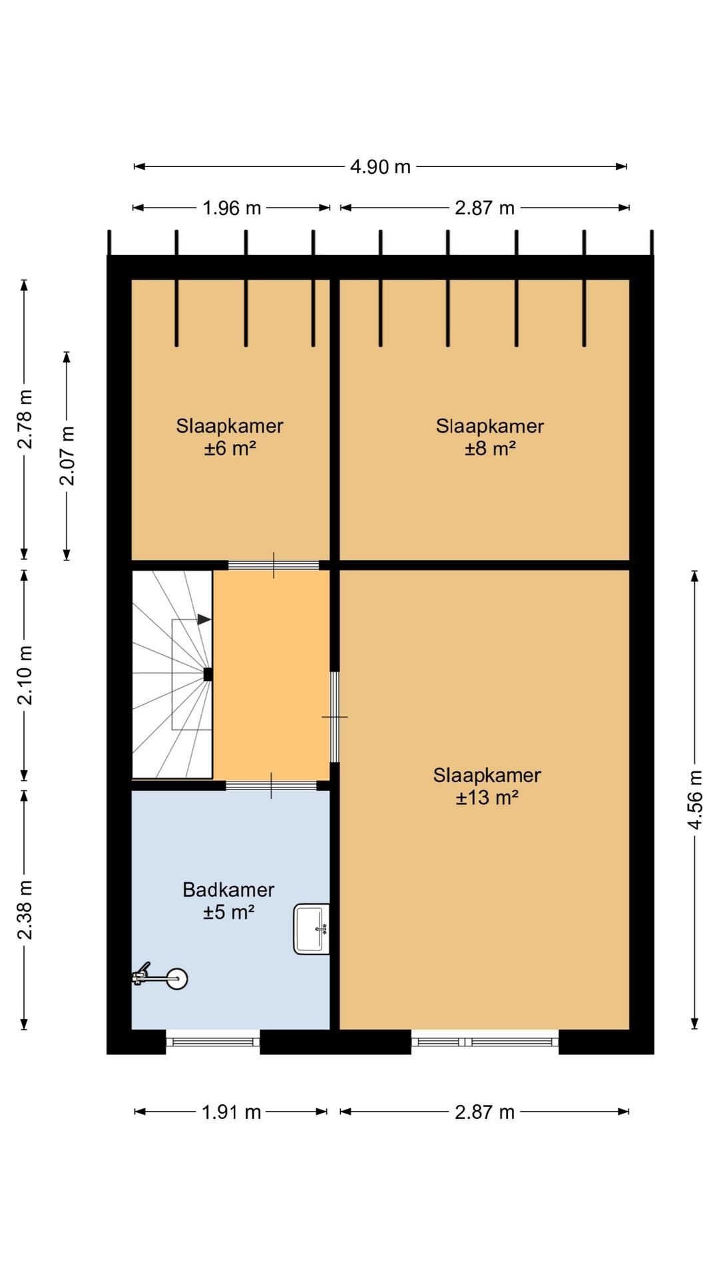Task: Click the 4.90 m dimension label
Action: coord(380,166)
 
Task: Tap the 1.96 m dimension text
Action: coord(232,208)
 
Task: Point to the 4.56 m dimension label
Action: coord(695,799)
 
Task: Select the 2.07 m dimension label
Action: coord(67,455)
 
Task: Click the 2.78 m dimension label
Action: coord(25,419)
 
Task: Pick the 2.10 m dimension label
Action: coord(25,675)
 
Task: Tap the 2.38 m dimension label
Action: coord(25,909)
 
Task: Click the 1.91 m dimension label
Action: coord(232,1112)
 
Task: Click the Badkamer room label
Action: coord(228,889)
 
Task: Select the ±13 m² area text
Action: coord(487,797)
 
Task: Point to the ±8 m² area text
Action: coord(490,448)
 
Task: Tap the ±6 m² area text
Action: coord(230,448)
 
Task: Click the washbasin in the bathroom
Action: coord(312,929)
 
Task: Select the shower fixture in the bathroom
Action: coord(160,977)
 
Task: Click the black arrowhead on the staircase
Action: coord(204,620)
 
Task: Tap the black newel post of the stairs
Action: coord(208,674)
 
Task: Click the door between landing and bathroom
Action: coord(271,785)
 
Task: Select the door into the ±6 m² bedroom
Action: coord(274,565)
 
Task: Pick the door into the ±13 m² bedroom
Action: coord(335,717)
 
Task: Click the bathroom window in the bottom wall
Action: coord(212,1042)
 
